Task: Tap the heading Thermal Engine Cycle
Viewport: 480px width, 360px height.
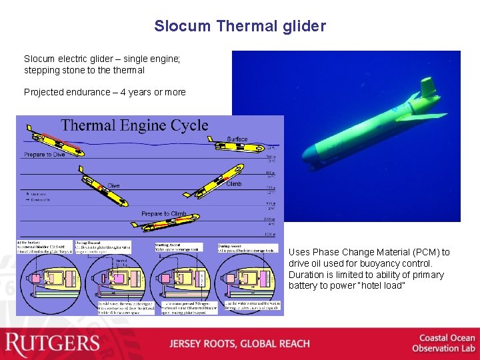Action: [x=135, y=125]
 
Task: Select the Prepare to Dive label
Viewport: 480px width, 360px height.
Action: [x=45, y=155]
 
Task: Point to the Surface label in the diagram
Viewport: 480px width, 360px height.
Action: [x=237, y=139]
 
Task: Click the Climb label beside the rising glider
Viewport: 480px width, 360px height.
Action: [x=234, y=184]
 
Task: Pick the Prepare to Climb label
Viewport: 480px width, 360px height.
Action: [x=164, y=214]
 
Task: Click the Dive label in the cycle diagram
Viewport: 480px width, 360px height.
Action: [x=114, y=186]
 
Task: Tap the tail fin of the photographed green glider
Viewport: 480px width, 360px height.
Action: [x=427, y=87]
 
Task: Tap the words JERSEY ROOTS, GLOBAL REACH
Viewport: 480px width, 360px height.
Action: [x=239, y=344]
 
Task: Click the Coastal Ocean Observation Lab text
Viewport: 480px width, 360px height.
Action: [x=443, y=343]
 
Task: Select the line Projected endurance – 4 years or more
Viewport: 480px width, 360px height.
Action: [x=105, y=92]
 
